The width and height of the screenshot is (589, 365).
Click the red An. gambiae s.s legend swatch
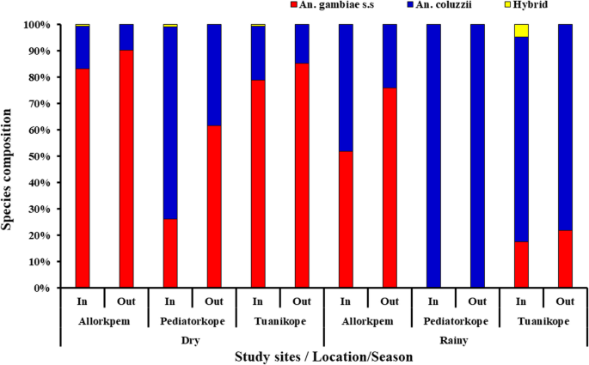297,5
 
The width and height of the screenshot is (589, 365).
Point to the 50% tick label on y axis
39,156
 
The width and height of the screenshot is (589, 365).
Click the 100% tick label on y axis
36,25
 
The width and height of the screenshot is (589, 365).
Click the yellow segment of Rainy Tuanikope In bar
521,30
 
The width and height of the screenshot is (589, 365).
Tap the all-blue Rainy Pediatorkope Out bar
477,155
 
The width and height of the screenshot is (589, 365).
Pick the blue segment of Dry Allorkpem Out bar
126,37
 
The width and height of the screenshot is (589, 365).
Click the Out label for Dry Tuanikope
301,301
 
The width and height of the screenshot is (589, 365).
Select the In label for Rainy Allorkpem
346,301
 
